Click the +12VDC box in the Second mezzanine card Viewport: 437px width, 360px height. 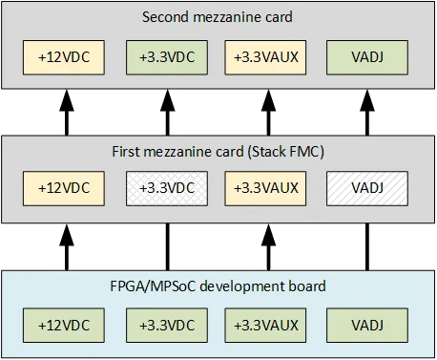point(66,55)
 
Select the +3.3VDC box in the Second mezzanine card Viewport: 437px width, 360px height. point(167,55)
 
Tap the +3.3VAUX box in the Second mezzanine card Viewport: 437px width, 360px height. point(266,55)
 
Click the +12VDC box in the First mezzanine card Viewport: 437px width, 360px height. point(66,188)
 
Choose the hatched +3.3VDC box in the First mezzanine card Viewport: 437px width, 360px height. point(167,188)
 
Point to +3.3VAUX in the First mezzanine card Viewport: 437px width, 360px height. point(266,188)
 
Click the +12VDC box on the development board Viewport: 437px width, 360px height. point(66,325)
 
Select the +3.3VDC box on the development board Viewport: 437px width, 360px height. point(167,325)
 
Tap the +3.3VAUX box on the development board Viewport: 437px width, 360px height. point(266,325)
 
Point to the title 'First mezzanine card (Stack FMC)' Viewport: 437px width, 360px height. point(218,151)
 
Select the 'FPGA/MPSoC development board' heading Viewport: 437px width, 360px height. point(218,286)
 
